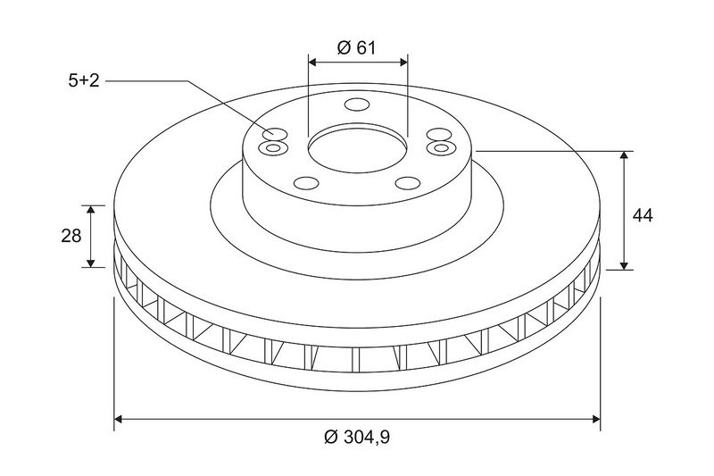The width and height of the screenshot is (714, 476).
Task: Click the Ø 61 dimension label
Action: click(356, 47)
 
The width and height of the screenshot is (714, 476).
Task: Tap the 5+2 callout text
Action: click(84, 81)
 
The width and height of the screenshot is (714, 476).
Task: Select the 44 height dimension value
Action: click(643, 215)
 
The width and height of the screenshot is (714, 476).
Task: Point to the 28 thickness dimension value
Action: click(71, 236)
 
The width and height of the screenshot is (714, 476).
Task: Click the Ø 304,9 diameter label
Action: click(357, 438)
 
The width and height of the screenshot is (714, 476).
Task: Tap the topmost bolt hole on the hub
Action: click(357, 104)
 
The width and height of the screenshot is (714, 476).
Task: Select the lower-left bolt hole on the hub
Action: click(306, 183)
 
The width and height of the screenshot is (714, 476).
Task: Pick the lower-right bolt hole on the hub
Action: click(408, 183)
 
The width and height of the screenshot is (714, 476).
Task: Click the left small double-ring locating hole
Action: click(273, 147)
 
